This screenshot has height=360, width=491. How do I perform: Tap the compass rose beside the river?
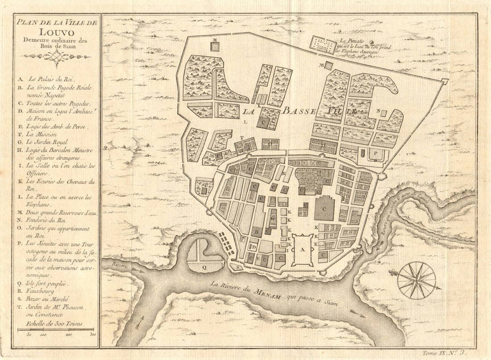click(x=416, y=280)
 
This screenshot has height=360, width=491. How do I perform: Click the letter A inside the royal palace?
click(x=302, y=250)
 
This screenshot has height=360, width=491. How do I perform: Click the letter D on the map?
click(x=253, y=247)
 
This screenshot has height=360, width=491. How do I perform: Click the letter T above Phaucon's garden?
click(x=241, y=137)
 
